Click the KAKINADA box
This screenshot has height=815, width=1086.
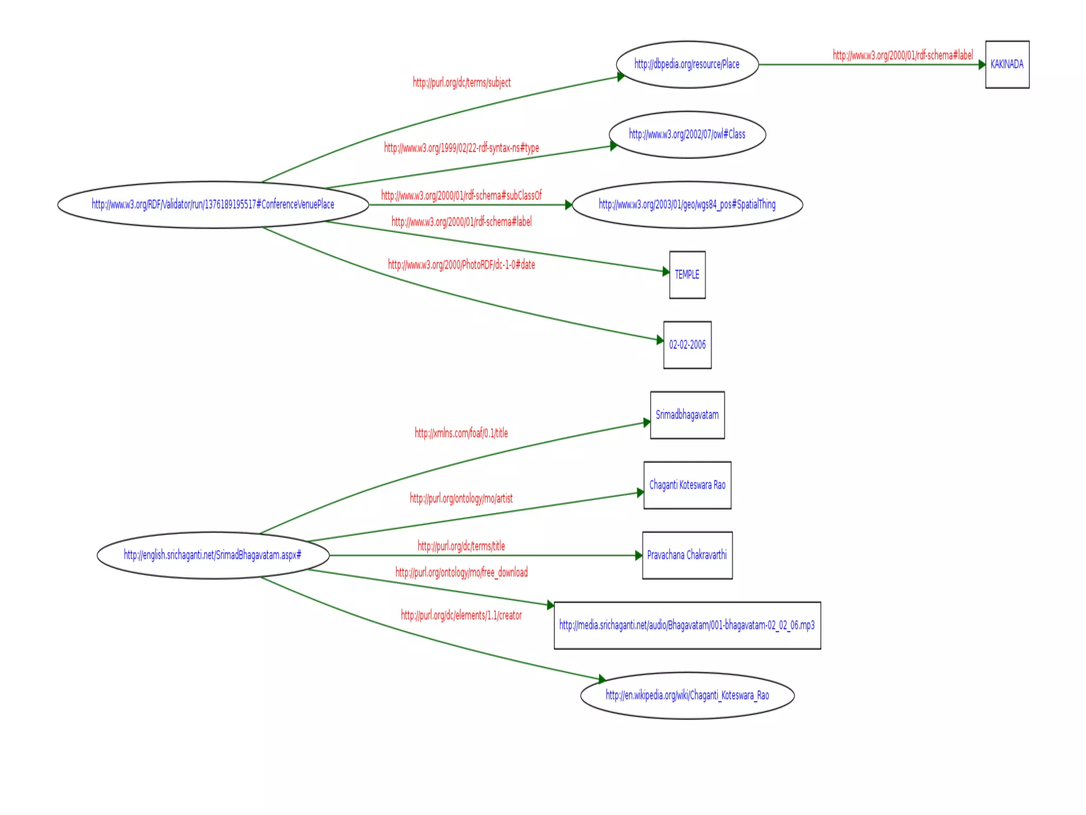[x=1007, y=64]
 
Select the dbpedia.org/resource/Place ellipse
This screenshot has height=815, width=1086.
[x=687, y=64]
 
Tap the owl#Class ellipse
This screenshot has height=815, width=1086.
[x=687, y=134]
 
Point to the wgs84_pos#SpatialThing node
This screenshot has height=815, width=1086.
[x=687, y=204]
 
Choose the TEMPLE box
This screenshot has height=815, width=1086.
[x=687, y=274]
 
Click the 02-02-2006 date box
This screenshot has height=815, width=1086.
[x=687, y=344]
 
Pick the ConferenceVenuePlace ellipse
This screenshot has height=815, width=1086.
[x=213, y=204]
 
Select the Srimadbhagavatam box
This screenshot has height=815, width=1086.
[x=687, y=414]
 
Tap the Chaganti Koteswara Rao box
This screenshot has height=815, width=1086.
[x=687, y=484]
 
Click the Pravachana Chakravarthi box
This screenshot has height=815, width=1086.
[x=687, y=554]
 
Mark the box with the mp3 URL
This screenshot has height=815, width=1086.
[x=687, y=625]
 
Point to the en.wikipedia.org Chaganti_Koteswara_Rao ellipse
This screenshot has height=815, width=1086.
[x=687, y=695]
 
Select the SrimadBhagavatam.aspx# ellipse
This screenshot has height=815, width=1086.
[x=213, y=555]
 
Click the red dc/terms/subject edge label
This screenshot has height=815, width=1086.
[x=461, y=82]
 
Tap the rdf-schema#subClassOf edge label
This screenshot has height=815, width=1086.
[x=461, y=195]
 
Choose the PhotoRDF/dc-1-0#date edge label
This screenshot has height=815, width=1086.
[x=461, y=264]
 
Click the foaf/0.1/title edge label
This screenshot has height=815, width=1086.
[x=461, y=433]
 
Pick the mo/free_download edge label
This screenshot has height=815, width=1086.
[x=461, y=572]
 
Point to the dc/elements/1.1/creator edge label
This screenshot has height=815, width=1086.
[x=461, y=615]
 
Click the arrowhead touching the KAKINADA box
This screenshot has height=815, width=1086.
[x=982, y=64]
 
